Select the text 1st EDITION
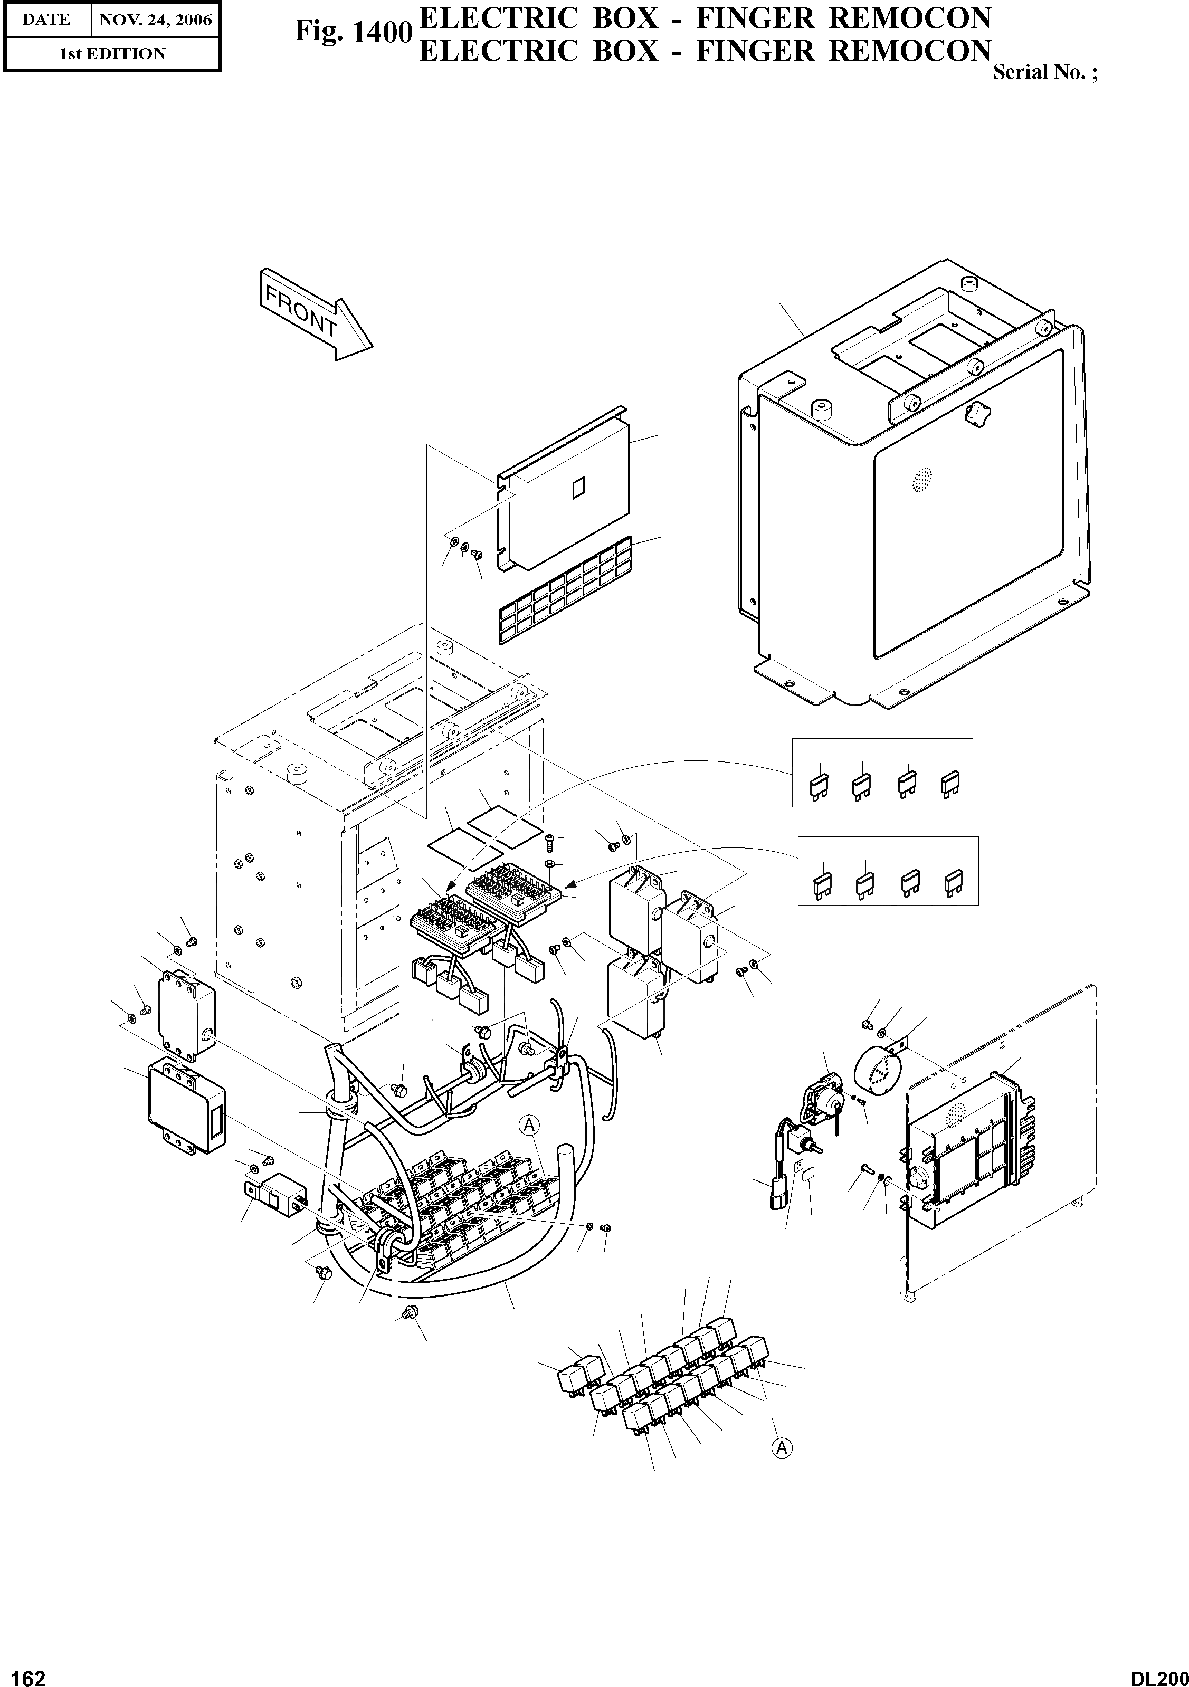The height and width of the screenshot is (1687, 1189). tap(112, 54)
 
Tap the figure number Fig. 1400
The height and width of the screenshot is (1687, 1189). tap(351, 32)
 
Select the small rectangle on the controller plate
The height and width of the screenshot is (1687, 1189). tap(578, 487)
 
